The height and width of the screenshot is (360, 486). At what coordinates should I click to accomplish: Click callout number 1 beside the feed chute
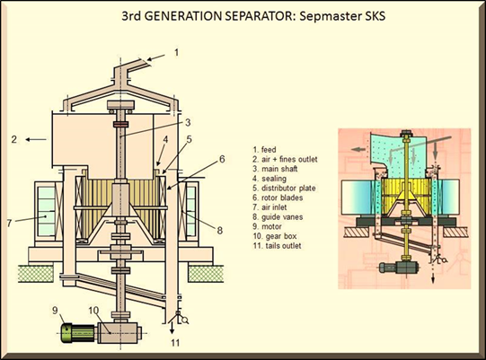coord(176,52)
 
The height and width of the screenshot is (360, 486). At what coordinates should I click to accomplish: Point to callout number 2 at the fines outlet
coord(13,139)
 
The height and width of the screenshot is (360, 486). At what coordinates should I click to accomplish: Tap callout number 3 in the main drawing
coord(188,122)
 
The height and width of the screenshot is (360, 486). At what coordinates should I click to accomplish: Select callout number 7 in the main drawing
coord(9,223)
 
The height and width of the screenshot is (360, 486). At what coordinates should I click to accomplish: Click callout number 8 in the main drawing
coord(219,231)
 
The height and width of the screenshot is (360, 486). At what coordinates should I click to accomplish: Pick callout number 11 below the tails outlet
coord(175,343)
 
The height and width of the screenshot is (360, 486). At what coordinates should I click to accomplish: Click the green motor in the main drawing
coord(78,333)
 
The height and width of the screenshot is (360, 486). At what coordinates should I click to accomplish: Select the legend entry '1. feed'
coord(264,150)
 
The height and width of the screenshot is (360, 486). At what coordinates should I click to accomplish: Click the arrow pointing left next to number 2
coord(36,139)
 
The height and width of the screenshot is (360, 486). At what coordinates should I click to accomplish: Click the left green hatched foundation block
coord(35,274)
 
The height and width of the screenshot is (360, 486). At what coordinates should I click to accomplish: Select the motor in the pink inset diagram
coord(399,267)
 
